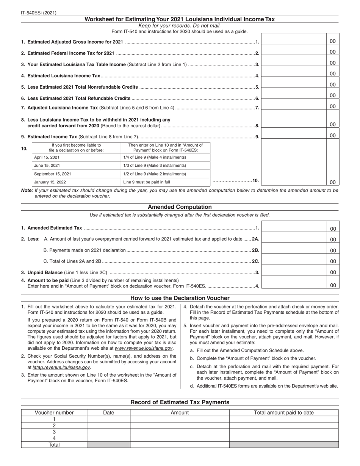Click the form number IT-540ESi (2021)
[x=39, y=13]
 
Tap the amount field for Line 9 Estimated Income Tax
[x=294, y=135]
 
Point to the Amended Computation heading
[x=180, y=207]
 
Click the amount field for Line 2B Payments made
[x=294, y=250]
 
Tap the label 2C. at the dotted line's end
[x=255, y=261]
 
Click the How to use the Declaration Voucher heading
[x=180, y=298]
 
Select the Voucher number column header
[x=54, y=413]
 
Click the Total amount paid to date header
[x=284, y=413]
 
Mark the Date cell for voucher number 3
[x=108, y=432]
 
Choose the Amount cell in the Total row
[x=180, y=445]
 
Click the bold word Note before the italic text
[x=27, y=191]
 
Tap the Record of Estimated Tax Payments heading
[x=180, y=402]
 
